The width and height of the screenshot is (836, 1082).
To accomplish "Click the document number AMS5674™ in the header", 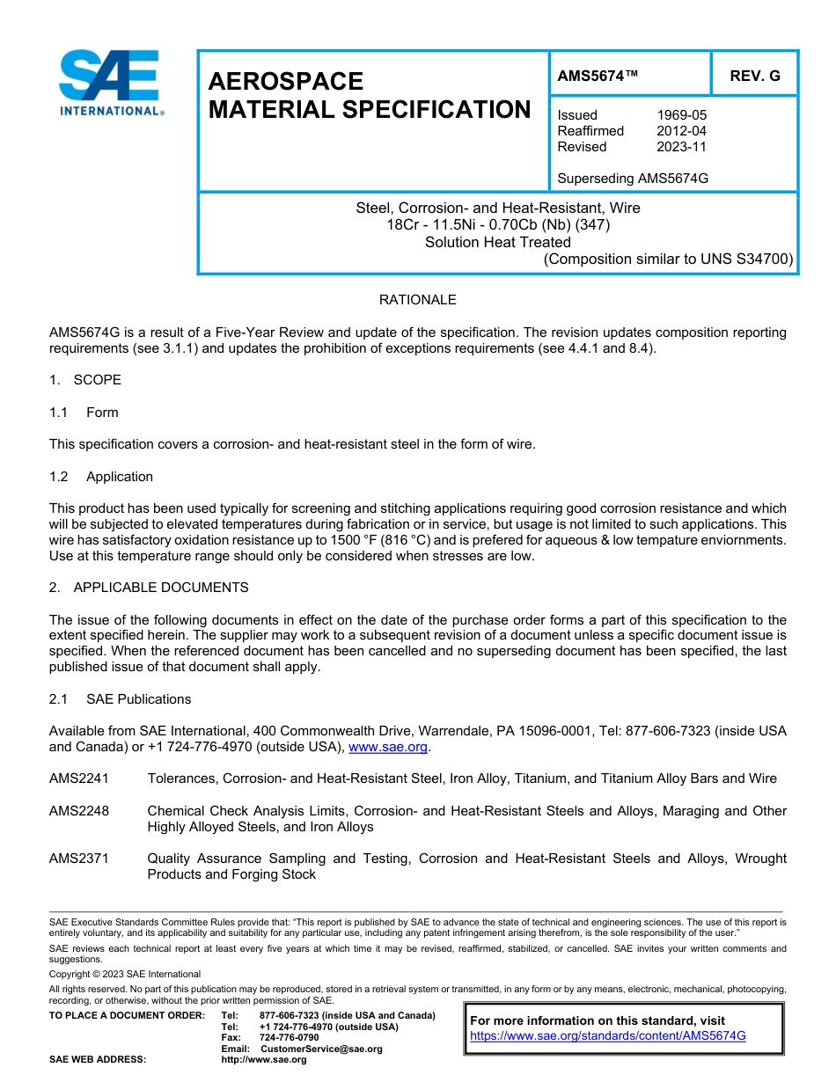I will (x=598, y=77).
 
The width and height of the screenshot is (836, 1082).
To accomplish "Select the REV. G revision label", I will (x=755, y=77).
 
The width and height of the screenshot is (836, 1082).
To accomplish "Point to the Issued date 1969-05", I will (x=681, y=115).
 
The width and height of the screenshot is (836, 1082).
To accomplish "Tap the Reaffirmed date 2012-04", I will (x=681, y=131).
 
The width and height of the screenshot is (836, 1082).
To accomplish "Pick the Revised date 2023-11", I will (x=681, y=147).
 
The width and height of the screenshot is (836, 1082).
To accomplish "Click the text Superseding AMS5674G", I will (x=633, y=179).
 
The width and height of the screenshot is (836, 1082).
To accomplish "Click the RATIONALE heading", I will (x=417, y=300).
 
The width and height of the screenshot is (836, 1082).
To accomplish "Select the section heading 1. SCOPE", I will (x=85, y=380).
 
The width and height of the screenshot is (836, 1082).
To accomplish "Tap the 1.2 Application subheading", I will (x=101, y=477).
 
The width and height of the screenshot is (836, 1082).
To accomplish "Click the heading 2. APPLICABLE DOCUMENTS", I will (x=149, y=588).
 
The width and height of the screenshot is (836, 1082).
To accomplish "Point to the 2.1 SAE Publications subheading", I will (x=120, y=699).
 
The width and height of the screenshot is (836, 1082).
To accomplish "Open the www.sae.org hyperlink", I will (x=388, y=747).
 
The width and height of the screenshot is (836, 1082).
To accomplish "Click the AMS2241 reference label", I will (x=79, y=779).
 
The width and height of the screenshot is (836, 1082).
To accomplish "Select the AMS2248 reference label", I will (x=79, y=811).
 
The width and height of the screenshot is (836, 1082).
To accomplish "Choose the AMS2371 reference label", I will (x=79, y=859).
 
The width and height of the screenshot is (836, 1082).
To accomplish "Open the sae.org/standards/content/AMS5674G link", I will (x=608, y=1036).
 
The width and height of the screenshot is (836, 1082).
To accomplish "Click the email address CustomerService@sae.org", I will (x=321, y=1049).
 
